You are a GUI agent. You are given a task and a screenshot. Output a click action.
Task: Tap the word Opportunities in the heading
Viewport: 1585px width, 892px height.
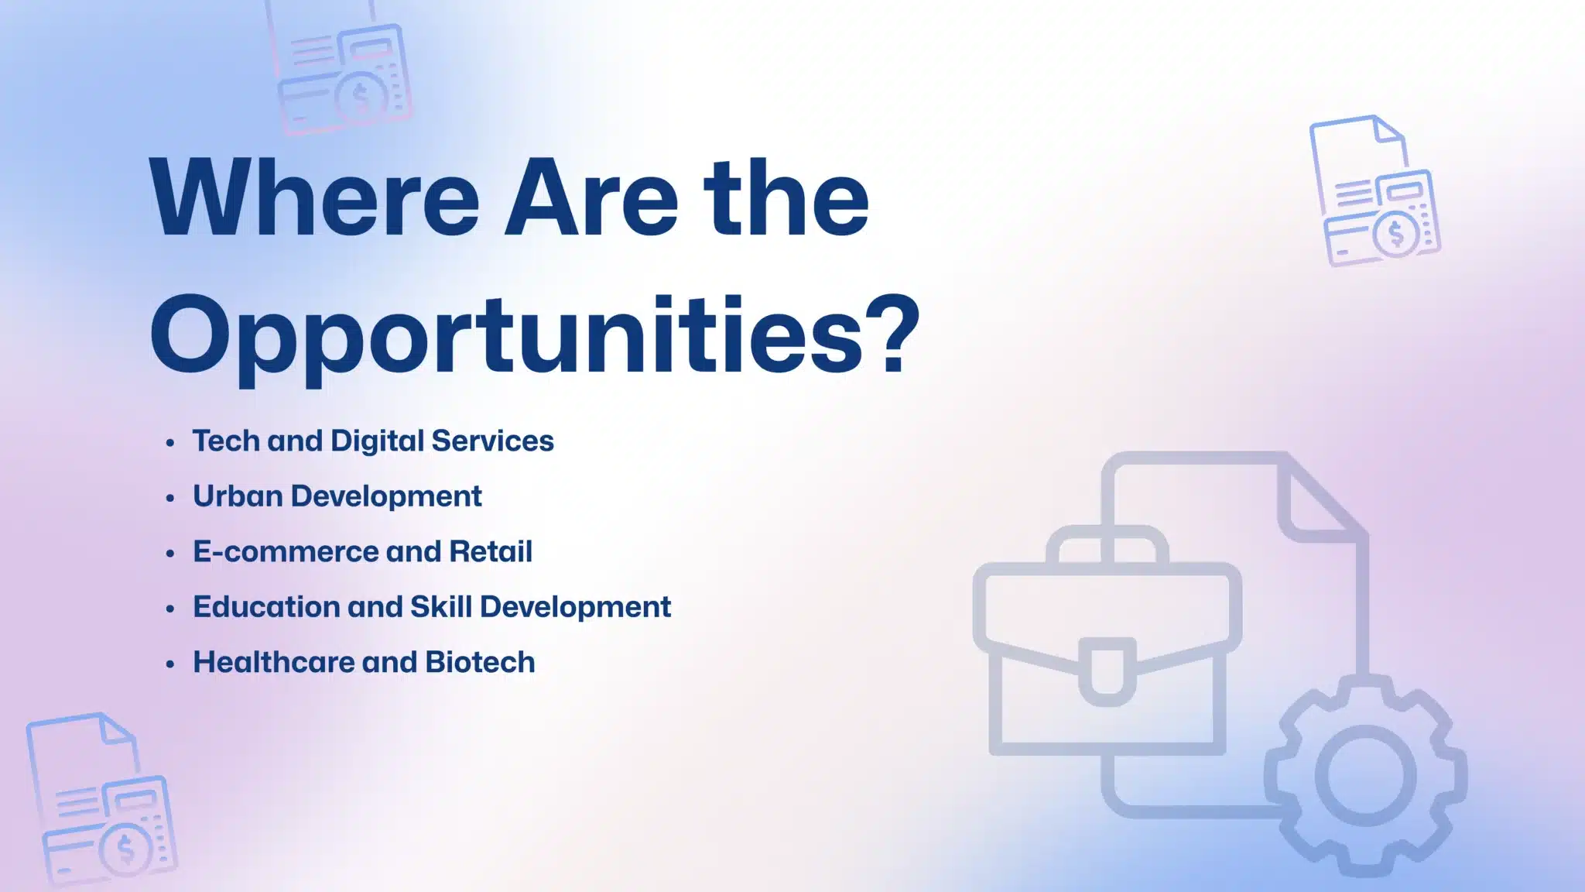(x=506, y=338)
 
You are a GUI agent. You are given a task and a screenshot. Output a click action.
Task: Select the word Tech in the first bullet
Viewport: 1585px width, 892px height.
(x=226, y=441)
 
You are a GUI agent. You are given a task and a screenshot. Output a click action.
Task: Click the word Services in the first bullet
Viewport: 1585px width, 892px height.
(x=492, y=441)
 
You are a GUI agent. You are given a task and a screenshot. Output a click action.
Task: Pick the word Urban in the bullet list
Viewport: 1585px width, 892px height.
(x=238, y=496)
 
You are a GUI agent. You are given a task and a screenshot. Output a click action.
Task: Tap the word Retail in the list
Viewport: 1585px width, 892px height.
(x=491, y=551)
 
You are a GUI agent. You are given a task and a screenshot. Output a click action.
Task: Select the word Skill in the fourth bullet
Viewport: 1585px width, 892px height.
(x=440, y=606)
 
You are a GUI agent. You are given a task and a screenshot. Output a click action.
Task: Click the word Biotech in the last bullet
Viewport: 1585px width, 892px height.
(x=480, y=662)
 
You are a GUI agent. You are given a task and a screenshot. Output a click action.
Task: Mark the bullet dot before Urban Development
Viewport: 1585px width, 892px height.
(x=170, y=499)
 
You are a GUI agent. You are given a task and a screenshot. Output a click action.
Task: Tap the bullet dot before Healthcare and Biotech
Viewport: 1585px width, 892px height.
(x=170, y=665)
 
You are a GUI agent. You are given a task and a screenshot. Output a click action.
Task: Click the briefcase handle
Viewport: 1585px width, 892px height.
(x=1107, y=542)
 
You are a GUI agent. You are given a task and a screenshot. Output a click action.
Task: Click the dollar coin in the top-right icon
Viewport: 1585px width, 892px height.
(x=1396, y=233)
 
